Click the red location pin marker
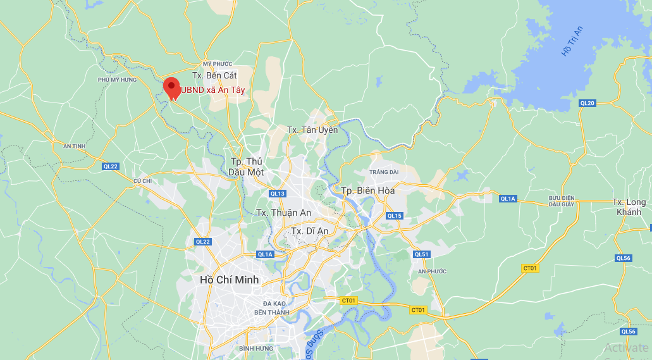(x=171, y=87)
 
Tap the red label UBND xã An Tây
(x=213, y=90)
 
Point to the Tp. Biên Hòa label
(x=367, y=190)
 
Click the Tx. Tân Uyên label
(x=312, y=130)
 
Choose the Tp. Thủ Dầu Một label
(x=247, y=166)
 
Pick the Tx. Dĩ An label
(x=309, y=231)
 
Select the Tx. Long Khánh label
(x=629, y=207)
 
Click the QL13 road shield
(x=278, y=194)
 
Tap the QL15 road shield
(x=394, y=216)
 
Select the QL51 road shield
(x=421, y=254)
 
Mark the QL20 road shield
(x=587, y=103)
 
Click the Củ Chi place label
(x=143, y=180)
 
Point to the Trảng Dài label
(x=384, y=172)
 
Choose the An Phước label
(x=432, y=271)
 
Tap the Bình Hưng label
(x=256, y=349)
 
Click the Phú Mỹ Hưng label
(x=118, y=80)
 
